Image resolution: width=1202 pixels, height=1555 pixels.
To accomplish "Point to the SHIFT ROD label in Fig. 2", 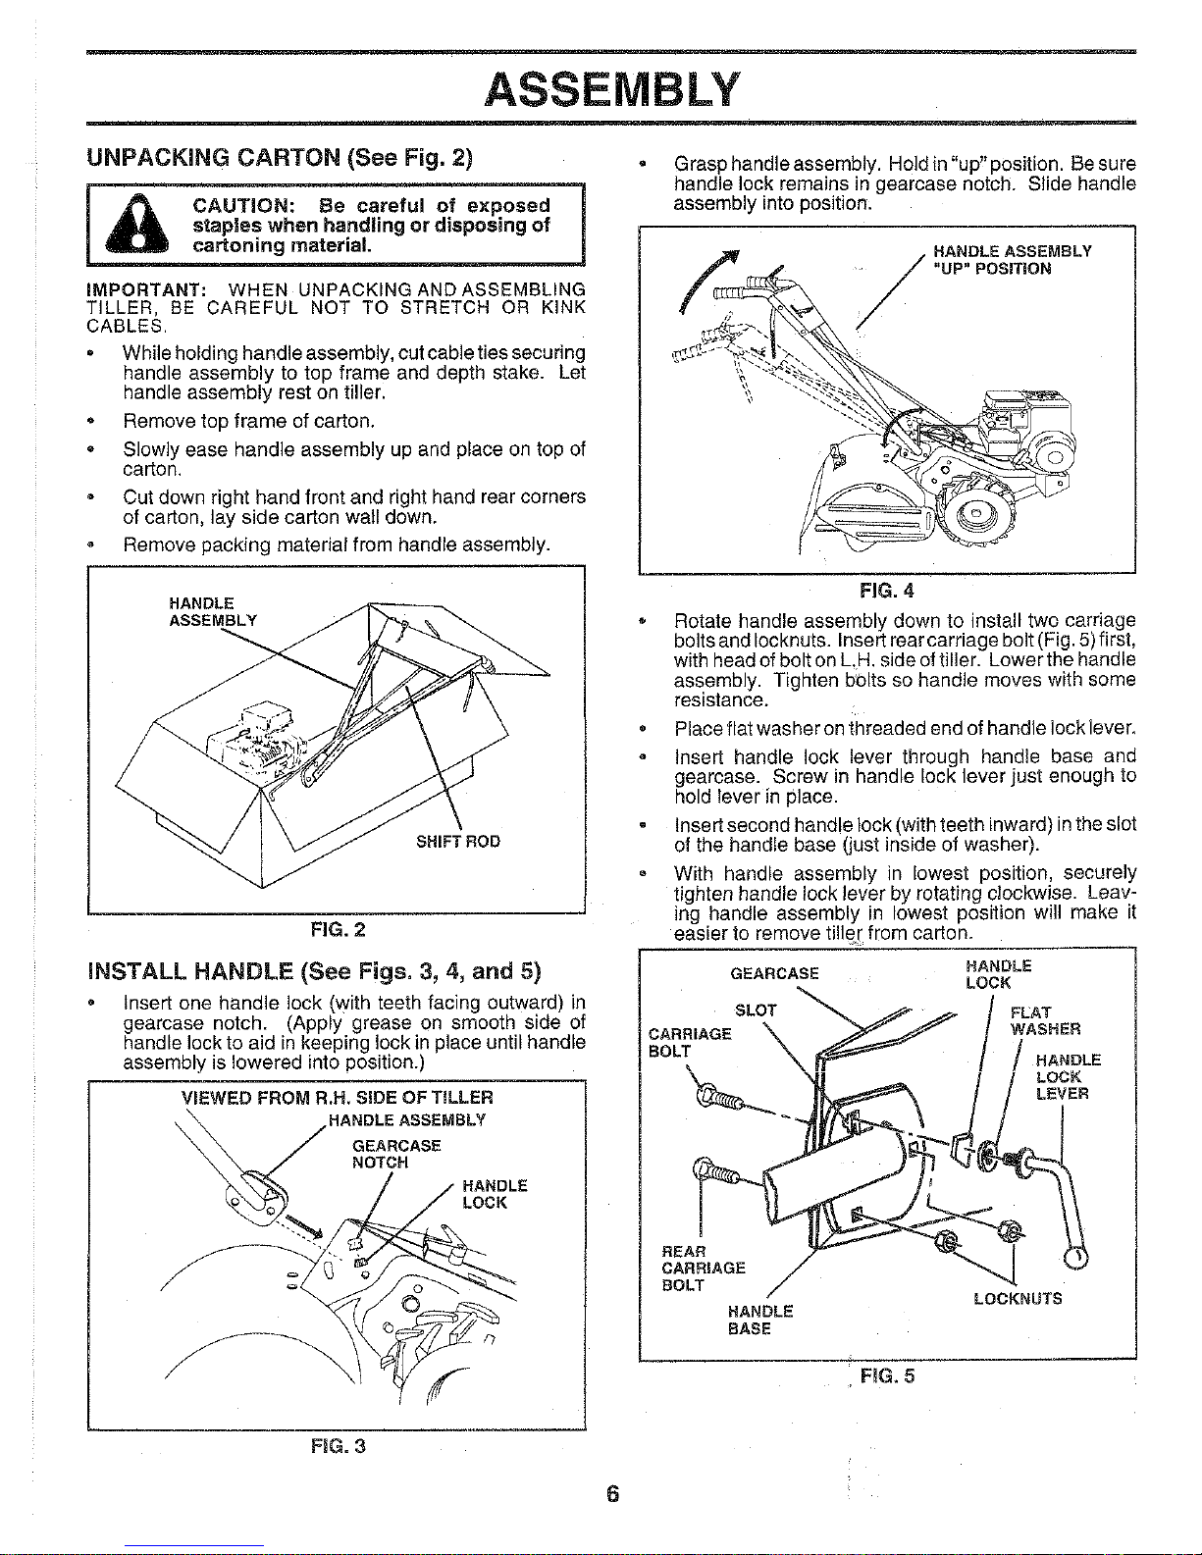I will tap(458, 841).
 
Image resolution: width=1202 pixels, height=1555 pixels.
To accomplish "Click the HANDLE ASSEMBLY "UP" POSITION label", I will tap(1012, 259).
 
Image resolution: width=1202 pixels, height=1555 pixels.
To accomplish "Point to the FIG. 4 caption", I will tap(886, 591).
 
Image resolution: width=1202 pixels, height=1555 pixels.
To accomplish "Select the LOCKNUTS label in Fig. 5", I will tap(1019, 1299).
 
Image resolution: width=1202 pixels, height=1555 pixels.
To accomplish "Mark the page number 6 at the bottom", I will tap(611, 1495).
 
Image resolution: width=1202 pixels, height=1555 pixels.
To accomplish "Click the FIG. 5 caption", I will tap(886, 1374).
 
